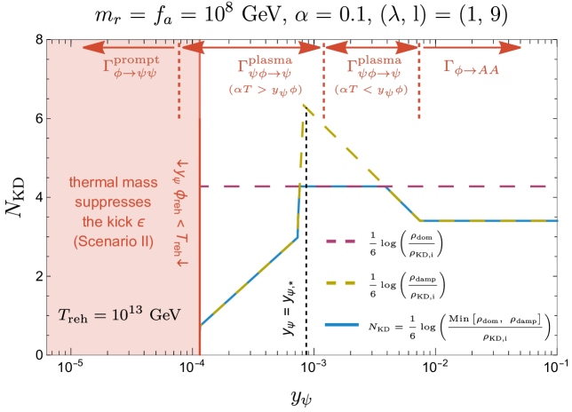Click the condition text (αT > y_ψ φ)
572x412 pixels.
[262, 90]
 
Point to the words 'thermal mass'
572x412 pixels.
[113, 183]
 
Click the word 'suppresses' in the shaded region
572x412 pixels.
[113, 202]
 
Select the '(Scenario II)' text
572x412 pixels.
[113, 242]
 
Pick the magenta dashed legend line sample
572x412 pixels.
[341, 241]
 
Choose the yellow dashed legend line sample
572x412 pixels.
[341, 283]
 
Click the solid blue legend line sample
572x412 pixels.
[341, 325]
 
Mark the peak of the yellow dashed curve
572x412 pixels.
[304, 105]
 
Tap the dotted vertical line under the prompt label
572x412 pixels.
[179, 89]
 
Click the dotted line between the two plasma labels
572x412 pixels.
[323, 89]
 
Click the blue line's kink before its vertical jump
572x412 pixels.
[297, 237]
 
